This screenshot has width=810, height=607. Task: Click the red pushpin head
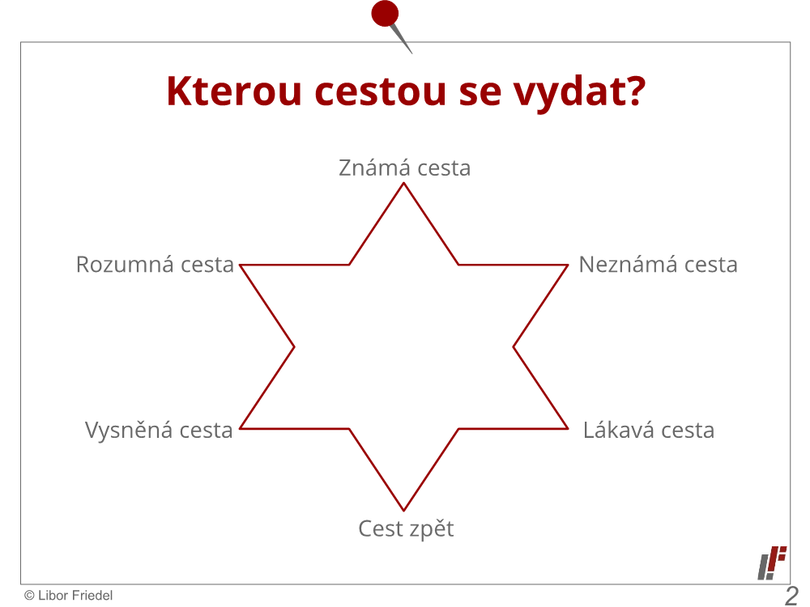(385, 13)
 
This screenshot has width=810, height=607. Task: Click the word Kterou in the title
(234, 91)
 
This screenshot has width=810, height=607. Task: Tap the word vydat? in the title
(579, 92)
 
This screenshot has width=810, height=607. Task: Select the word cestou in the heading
(380, 92)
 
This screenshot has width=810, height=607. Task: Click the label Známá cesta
(404, 168)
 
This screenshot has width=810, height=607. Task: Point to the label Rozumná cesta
(155, 265)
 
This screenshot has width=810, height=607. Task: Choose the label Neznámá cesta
(658, 265)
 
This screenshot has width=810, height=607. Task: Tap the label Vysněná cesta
(159, 430)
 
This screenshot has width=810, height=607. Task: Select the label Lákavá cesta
(649, 430)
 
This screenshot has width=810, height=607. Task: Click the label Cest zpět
(406, 528)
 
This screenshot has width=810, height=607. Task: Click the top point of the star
(404, 184)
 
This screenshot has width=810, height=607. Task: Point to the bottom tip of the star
(404, 511)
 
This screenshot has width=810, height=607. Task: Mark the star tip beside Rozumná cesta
(241, 265)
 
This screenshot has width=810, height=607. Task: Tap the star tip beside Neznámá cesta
(568, 265)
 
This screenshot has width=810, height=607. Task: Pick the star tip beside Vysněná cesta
(241, 428)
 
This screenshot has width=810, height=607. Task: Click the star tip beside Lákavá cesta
(568, 428)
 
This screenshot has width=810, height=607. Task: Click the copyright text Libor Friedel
(69, 596)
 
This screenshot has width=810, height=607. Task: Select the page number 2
(791, 596)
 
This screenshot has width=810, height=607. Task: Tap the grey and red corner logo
(772, 562)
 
